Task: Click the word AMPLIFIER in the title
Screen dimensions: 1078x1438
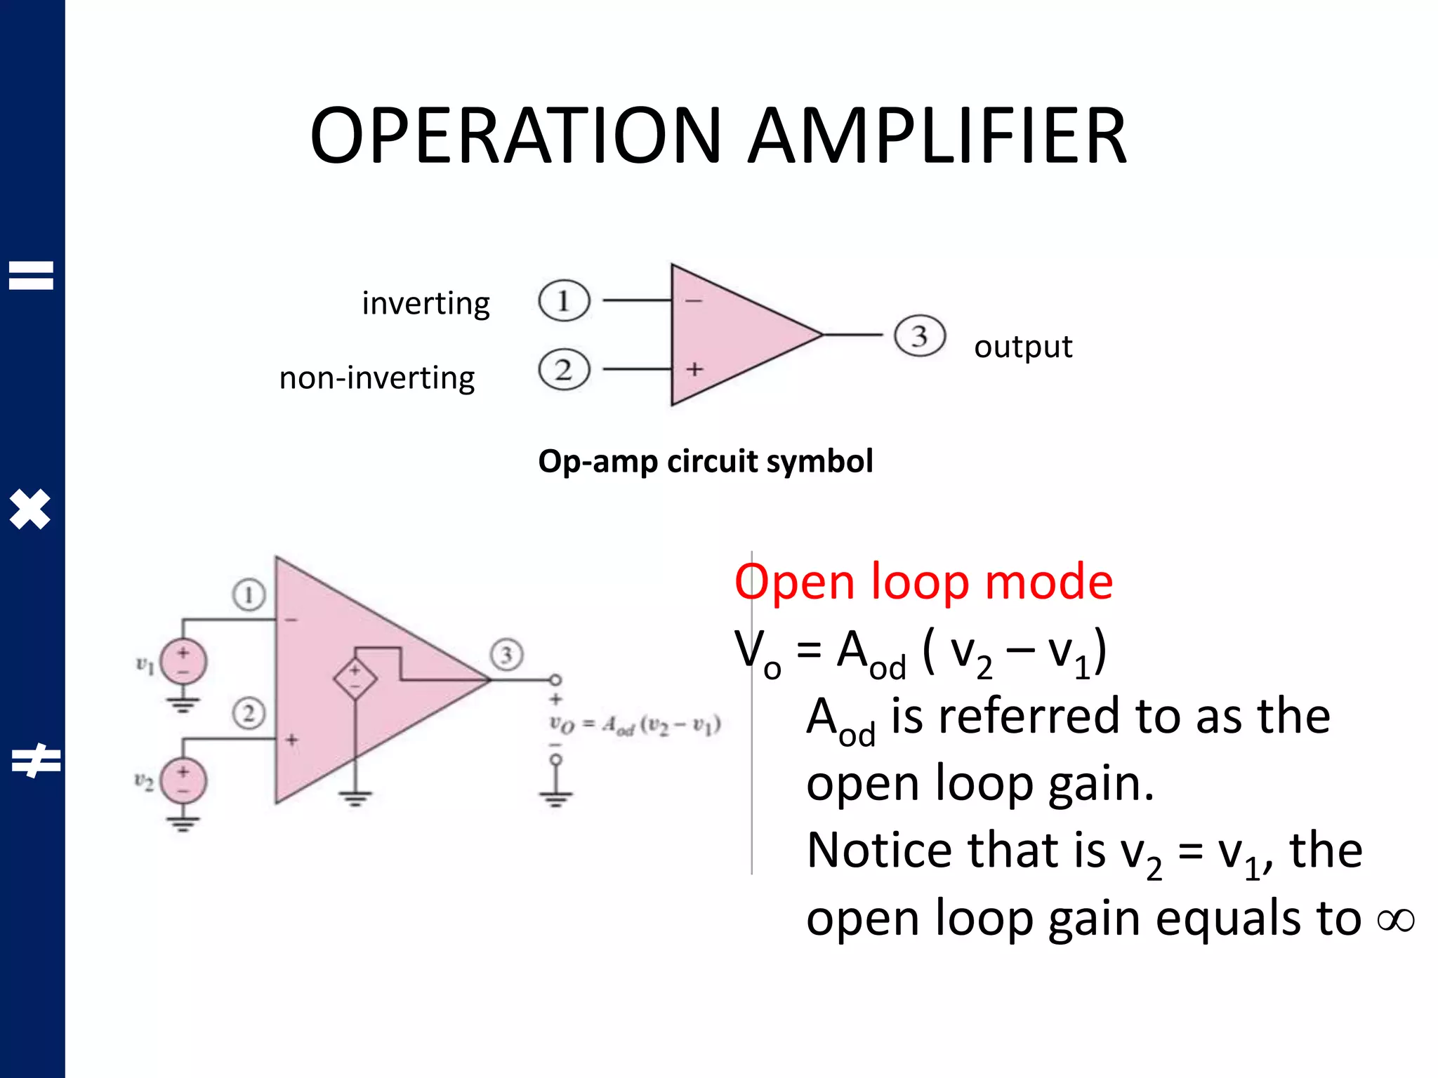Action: [937, 135]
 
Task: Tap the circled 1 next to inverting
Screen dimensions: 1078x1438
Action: [564, 301]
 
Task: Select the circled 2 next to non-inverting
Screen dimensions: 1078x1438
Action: [564, 369]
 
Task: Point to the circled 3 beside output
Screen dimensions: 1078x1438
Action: [919, 336]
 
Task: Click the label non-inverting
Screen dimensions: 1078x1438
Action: [377, 378]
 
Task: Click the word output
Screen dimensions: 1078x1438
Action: [1023, 347]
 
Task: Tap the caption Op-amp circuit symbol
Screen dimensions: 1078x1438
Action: [706, 461]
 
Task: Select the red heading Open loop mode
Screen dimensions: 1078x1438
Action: [923, 582]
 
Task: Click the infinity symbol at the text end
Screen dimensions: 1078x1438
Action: [1395, 920]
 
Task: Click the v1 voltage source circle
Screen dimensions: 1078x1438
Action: [183, 662]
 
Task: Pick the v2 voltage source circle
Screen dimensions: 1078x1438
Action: [183, 780]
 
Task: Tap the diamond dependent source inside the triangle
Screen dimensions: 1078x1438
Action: [355, 678]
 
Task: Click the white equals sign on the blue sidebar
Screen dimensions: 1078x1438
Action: [31, 275]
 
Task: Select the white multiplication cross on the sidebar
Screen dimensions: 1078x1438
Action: [30, 509]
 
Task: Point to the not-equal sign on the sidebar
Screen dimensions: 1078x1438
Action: [35, 761]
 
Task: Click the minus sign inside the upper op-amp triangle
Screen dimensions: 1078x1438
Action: [693, 301]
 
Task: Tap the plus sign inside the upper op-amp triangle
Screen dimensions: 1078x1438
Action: [694, 369]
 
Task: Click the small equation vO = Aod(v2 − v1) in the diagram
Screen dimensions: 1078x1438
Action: [635, 725]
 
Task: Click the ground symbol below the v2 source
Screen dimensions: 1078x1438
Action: [183, 822]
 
